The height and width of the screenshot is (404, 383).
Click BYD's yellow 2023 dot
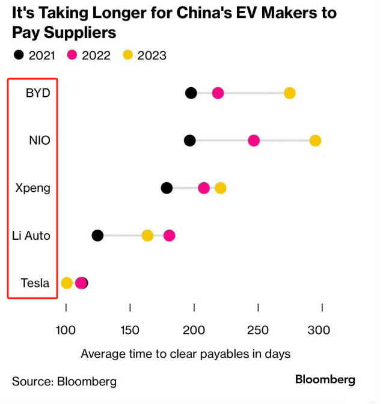(x=290, y=93)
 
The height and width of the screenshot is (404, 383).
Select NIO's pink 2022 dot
(x=254, y=141)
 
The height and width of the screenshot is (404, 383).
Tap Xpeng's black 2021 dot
(x=167, y=188)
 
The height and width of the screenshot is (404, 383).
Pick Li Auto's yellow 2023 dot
(x=147, y=236)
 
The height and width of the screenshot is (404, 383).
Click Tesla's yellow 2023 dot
(x=67, y=283)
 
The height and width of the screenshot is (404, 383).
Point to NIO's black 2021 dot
(x=190, y=141)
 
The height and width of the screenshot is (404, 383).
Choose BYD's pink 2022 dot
(x=218, y=93)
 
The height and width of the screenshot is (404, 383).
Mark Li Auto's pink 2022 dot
(x=169, y=236)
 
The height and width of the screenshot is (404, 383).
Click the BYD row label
(x=38, y=93)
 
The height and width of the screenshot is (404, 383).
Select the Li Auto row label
(x=31, y=236)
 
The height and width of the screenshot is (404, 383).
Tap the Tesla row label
(x=35, y=283)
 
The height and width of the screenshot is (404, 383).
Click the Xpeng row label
(x=33, y=188)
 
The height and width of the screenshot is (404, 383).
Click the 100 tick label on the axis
(x=66, y=330)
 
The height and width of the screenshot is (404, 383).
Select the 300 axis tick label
(x=319, y=330)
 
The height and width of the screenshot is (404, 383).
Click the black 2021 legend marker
(x=19, y=55)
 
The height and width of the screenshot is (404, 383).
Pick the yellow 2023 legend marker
(x=127, y=55)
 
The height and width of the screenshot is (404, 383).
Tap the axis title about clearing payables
(x=185, y=354)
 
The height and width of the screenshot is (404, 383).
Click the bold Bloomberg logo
(x=325, y=379)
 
